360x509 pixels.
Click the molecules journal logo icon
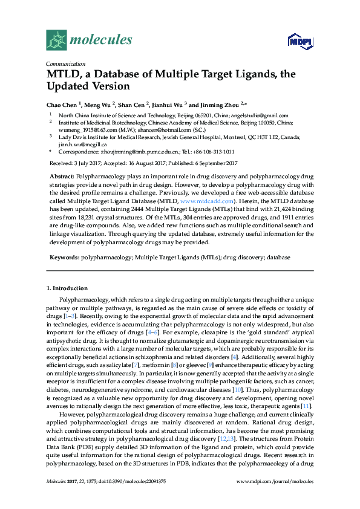click(57, 40)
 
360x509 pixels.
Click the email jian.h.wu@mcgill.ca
click(83, 144)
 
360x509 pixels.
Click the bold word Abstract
click(61, 174)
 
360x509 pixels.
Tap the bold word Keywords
click(64, 257)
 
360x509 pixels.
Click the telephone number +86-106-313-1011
click(211, 153)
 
